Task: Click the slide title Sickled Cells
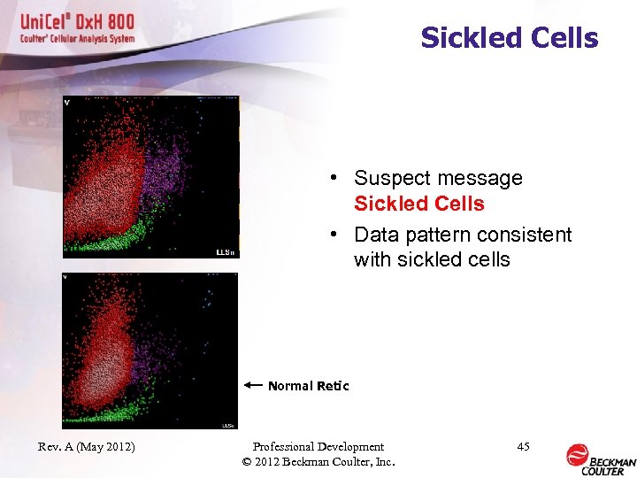pyautogui.click(x=509, y=38)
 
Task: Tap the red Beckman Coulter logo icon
pyautogui.click(x=578, y=455)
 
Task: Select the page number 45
pyautogui.click(x=523, y=447)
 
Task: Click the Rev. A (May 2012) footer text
pyautogui.click(x=87, y=447)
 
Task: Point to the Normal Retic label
pyautogui.click(x=308, y=386)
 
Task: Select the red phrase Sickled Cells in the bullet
pyautogui.click(x=418, y=204)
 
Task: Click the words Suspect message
pyautogui.click(x=438, y=178)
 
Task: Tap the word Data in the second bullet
pyautogui.click(x=375, y=235)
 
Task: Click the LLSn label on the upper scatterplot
pyautogui.click(x=226, y=252)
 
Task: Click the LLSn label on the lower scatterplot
pyautogui.click(x=227, y=425)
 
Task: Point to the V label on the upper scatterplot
pyautogui.click(x=67, y=102)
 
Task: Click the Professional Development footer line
pyautogui.click(x=318, y=447)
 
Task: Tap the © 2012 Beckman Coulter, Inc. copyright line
pyautogui.click(x=318, y=462)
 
